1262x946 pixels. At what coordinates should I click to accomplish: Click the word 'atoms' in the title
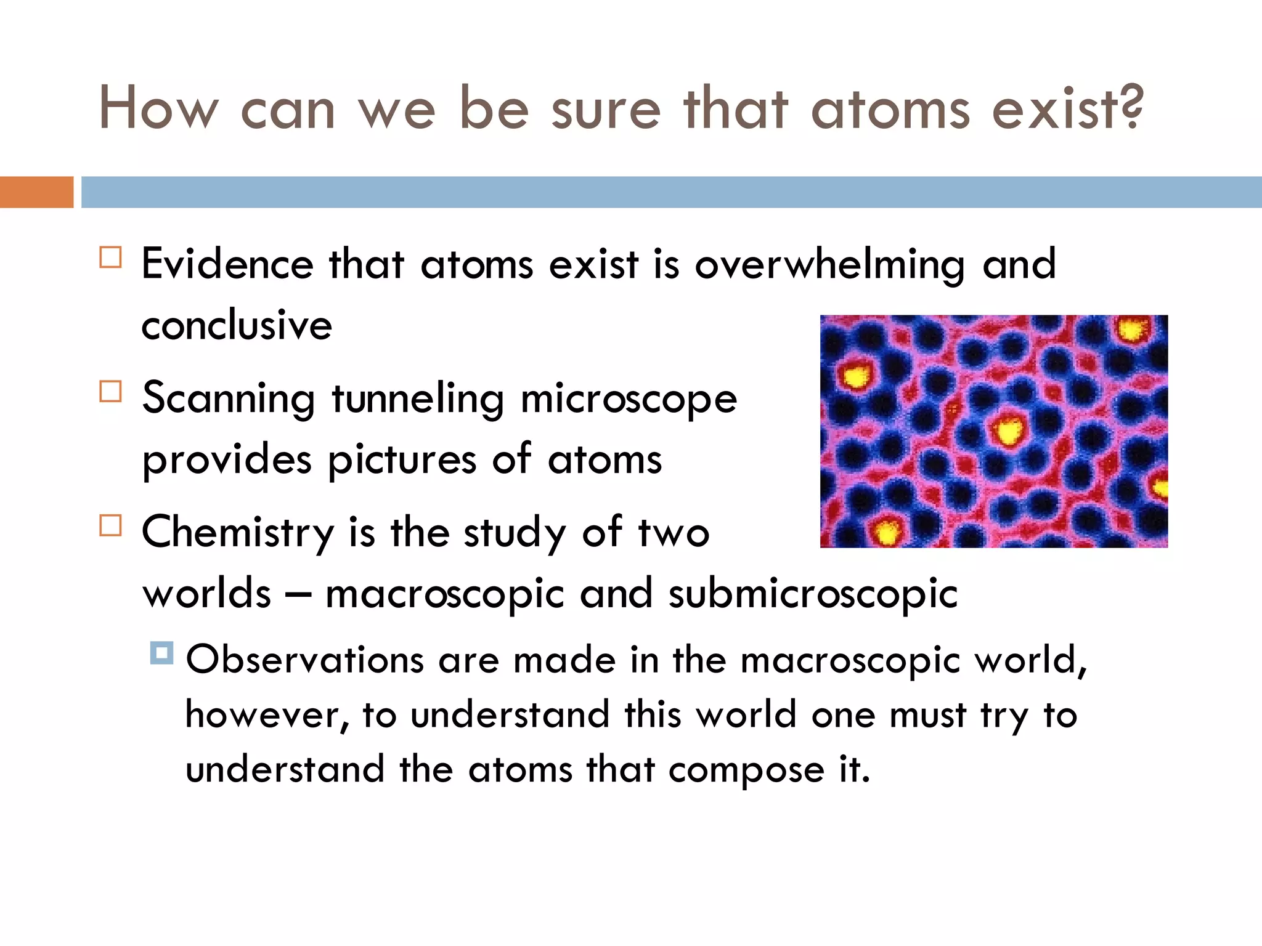890,110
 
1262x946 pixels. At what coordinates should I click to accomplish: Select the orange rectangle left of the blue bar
36,192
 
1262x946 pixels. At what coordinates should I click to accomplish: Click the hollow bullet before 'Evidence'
110,257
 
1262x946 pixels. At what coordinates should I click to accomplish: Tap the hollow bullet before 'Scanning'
110,391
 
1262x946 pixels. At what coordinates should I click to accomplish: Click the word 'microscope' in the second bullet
629,399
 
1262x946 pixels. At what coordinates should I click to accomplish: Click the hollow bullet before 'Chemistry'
110,525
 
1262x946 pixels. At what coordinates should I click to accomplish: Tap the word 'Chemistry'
237,533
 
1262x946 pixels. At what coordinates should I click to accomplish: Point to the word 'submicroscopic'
813,594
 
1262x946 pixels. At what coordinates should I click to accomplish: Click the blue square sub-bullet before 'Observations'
161,653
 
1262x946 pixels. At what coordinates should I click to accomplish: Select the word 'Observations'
304,660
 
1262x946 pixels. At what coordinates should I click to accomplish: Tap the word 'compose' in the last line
746,770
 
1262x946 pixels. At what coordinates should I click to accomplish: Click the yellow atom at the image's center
1008,429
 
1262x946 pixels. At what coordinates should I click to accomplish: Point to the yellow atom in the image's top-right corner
1133,330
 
